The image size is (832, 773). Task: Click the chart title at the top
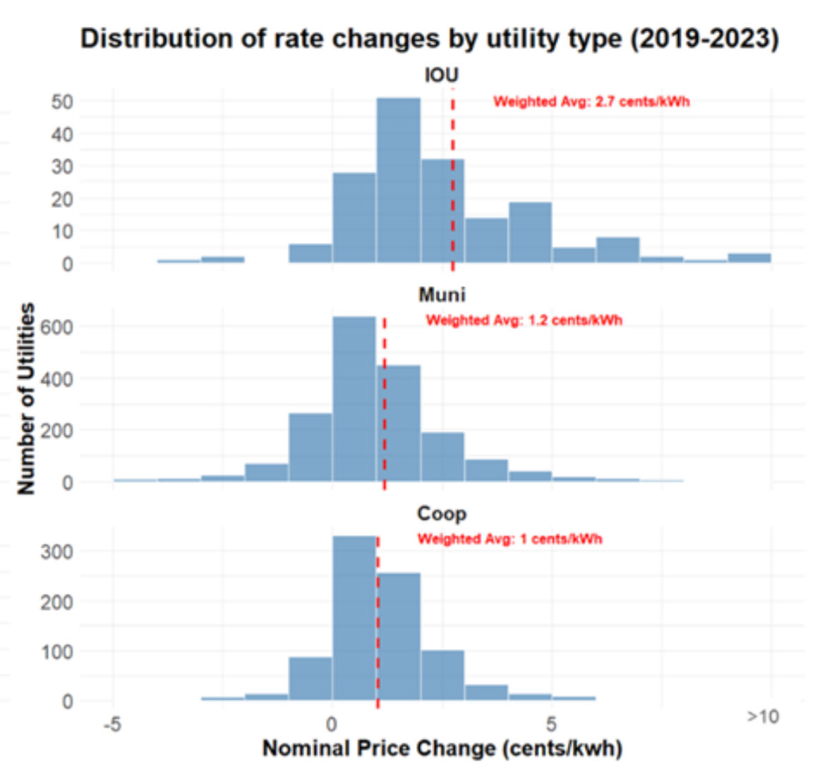click(430, 39)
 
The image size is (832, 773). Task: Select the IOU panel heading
click(442, 75)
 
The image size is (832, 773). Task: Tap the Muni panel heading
click(442, 295)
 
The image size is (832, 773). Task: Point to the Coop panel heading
click(442, 513)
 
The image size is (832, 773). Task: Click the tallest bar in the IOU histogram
click(399, 181)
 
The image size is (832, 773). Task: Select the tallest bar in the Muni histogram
click(354, 399)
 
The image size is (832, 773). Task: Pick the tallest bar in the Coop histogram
click(354, 618)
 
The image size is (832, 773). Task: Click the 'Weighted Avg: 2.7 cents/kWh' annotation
click(591, 102)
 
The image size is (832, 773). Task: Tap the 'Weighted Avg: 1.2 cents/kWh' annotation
click(524, 320)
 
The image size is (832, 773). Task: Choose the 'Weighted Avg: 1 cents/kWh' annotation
click(510, 539)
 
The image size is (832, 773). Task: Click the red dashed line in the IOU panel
click(452, 179)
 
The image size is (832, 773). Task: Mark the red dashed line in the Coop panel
click(378, 623)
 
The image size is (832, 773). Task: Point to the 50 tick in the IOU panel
click(62, 102)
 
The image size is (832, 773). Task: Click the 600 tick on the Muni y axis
click(56, 327)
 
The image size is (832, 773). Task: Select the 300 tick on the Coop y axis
click(56, 552)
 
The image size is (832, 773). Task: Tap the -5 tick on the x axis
click(112, 724)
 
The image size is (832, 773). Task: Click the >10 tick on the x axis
click(763, 717)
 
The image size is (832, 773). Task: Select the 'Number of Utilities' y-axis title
click(26, 398)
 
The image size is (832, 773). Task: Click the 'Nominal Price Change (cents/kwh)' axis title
click(442, 748)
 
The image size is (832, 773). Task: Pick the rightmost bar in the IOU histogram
click(749, 258)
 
